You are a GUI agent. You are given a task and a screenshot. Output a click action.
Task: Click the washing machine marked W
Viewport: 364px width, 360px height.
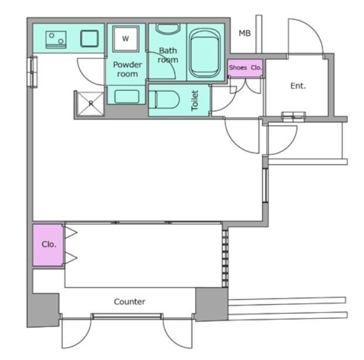click(125, 39)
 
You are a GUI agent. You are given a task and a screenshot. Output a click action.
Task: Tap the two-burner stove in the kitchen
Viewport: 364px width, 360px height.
click(56, 40)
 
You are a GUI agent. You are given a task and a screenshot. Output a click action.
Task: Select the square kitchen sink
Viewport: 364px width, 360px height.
click(89, 39)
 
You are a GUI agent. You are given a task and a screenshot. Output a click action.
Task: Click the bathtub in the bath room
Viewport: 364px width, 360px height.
click(205, 53)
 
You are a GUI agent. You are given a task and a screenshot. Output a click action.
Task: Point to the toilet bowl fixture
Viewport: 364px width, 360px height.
click(164, 100)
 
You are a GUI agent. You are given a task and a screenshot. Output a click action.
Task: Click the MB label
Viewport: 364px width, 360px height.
click(244, 33)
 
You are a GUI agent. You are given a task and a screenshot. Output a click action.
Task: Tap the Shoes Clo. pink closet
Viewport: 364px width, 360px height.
click(245, 67)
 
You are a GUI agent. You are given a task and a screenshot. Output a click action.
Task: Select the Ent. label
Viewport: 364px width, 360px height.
click(298, 86)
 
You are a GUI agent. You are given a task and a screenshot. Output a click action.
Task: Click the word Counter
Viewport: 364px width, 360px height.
click(130, 301)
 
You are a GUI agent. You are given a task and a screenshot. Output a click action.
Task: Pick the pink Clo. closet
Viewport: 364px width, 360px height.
click(48, 245)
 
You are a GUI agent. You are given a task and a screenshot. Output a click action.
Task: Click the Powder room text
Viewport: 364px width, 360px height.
click(127, 69)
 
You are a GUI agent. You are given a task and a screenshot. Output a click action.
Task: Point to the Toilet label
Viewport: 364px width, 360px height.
click(195, 101)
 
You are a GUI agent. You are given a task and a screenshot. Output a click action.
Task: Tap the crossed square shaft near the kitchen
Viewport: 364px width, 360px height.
click(90, 104)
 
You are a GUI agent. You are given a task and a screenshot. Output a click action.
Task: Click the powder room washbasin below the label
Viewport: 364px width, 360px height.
click(127, 96)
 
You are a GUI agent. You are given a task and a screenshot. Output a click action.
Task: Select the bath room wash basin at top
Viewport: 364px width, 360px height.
click(168, 29)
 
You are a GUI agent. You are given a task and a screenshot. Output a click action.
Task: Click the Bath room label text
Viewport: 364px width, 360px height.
click(168, 55)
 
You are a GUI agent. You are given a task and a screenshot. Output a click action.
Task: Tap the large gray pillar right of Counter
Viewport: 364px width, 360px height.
click(212, 304)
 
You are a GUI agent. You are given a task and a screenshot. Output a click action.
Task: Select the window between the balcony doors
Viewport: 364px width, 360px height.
click(127, 316)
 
